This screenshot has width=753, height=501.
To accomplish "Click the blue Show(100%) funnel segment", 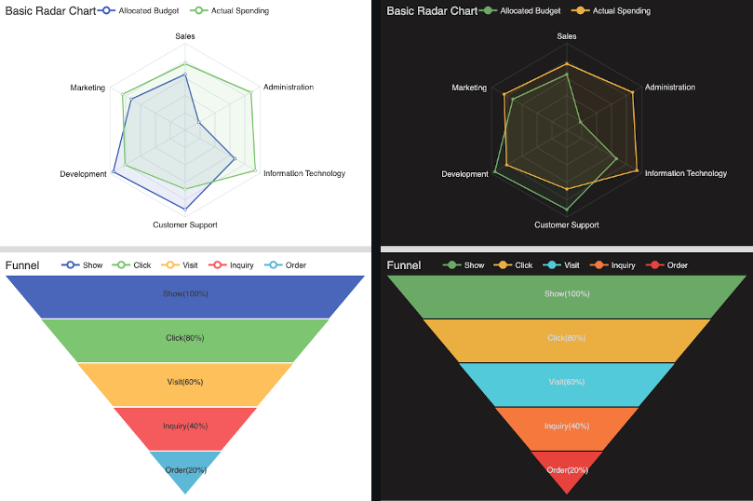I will click(185, 295).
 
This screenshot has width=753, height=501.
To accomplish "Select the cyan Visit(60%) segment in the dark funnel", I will click(566, 383).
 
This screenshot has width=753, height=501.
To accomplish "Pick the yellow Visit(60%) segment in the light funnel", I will click(185, 383).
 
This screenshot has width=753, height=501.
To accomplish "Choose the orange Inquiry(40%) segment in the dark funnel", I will click(566, 427).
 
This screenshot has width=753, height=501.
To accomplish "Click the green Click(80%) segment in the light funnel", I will click(185, 339).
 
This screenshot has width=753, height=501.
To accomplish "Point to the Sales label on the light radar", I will click(185, 36).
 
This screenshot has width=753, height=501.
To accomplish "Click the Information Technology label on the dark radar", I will click(685, 173).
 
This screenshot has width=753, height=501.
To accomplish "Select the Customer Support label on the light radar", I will click(185, 224).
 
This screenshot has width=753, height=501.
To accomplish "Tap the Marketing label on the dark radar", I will click(469, 88).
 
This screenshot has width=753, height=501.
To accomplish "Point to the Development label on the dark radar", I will click(464, 174).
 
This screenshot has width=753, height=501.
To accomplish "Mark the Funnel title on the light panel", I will click(22, 265).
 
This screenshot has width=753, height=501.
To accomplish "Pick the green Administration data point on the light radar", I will click(251, 91).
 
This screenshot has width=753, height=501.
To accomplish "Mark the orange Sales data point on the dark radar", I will click(566, 64).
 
